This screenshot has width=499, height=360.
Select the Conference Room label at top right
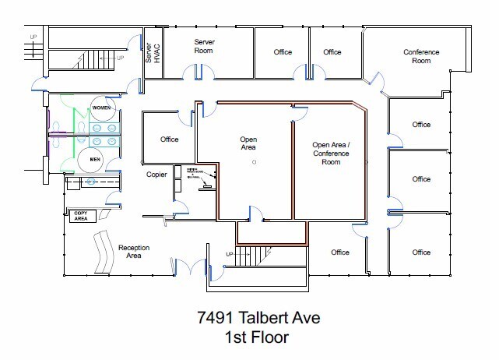point(421,56)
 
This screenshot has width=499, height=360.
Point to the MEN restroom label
point(96,160)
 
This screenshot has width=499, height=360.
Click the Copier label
point(157,175)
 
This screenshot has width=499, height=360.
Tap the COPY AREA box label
point(82,215)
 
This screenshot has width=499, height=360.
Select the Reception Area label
point(133,252)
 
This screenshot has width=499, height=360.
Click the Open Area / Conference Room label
point(331,154)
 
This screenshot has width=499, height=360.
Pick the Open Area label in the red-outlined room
point(248,143)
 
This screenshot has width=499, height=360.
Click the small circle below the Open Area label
point(254,162)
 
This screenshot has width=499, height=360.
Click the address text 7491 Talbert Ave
point(248,318)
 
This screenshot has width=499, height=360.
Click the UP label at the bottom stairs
point(230,255)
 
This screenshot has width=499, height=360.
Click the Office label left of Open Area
point(169,139)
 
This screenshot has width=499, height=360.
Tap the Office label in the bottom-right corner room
point(421,252)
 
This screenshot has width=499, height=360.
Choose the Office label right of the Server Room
point(283,52)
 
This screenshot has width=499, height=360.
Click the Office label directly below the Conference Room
point(421,125)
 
